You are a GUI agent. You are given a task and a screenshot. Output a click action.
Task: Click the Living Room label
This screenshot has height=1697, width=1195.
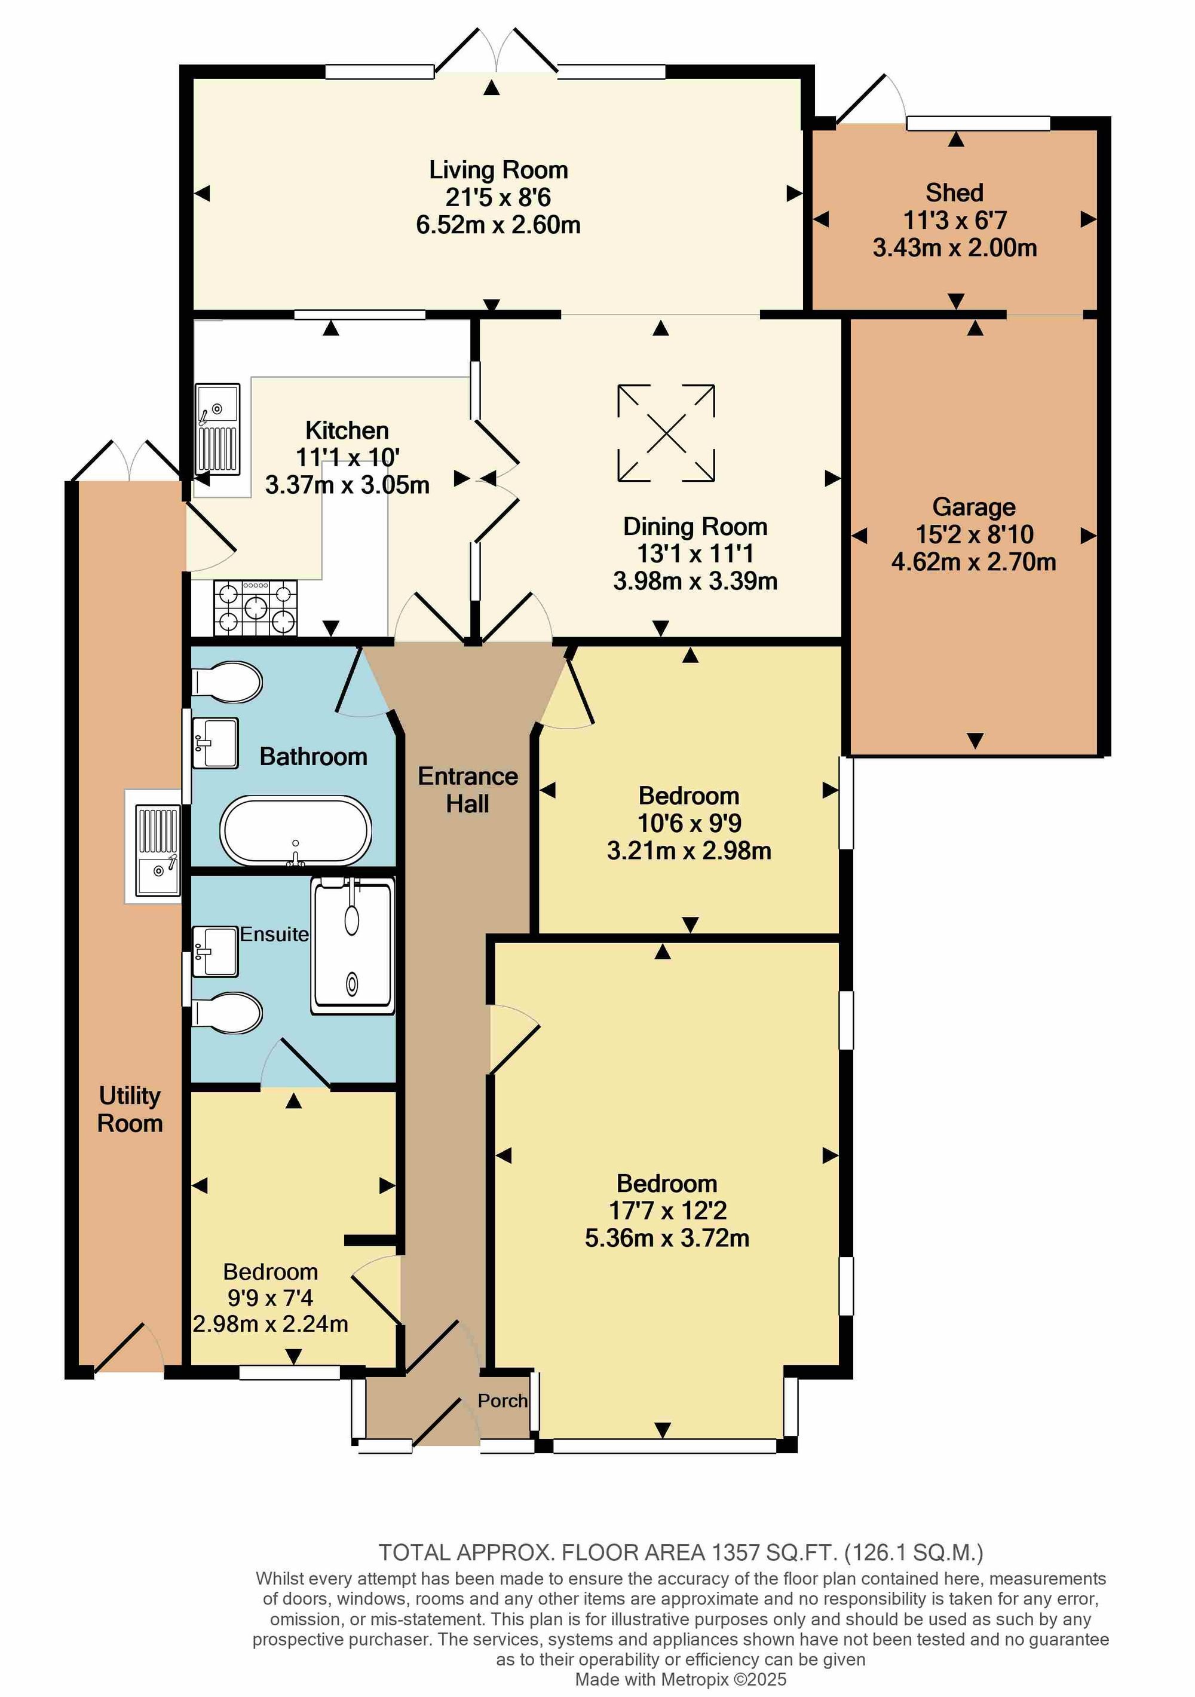point(499,170)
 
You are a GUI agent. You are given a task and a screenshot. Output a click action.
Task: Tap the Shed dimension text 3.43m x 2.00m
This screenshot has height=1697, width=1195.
point(955,247)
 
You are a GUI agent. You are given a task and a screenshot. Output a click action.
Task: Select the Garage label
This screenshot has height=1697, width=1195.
point(974,507)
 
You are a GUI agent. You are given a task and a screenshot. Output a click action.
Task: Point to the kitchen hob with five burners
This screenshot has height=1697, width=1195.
point(256,609)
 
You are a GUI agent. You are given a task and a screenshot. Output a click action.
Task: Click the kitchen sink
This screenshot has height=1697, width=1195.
point(217,429)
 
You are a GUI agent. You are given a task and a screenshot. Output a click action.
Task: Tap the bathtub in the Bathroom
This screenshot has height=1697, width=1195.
point(296,831)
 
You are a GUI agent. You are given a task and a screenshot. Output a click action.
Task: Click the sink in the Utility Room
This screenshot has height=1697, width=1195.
point(157,852)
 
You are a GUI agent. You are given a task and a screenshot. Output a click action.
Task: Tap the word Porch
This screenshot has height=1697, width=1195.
point(502,1401)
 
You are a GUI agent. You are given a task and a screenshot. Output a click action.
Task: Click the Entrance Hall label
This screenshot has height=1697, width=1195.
point(468,790)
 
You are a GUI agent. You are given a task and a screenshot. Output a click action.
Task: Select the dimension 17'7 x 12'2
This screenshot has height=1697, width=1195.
point(667,1210)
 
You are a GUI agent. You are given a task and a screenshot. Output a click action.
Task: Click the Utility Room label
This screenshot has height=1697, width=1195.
point(130,1109)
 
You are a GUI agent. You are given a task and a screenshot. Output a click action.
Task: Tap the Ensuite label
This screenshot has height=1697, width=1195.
point(274,934)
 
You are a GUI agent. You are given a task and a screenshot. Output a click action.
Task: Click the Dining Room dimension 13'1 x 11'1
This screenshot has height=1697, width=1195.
point(695,554)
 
